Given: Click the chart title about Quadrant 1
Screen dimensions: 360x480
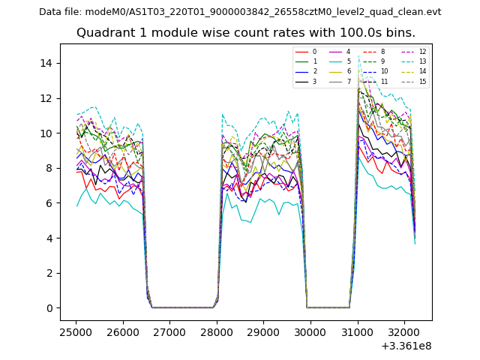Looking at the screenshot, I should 246,33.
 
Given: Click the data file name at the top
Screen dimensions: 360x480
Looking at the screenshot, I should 240,12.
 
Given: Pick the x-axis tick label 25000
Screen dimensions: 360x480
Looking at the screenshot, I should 76,330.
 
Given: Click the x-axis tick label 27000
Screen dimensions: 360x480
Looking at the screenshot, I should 169,330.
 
